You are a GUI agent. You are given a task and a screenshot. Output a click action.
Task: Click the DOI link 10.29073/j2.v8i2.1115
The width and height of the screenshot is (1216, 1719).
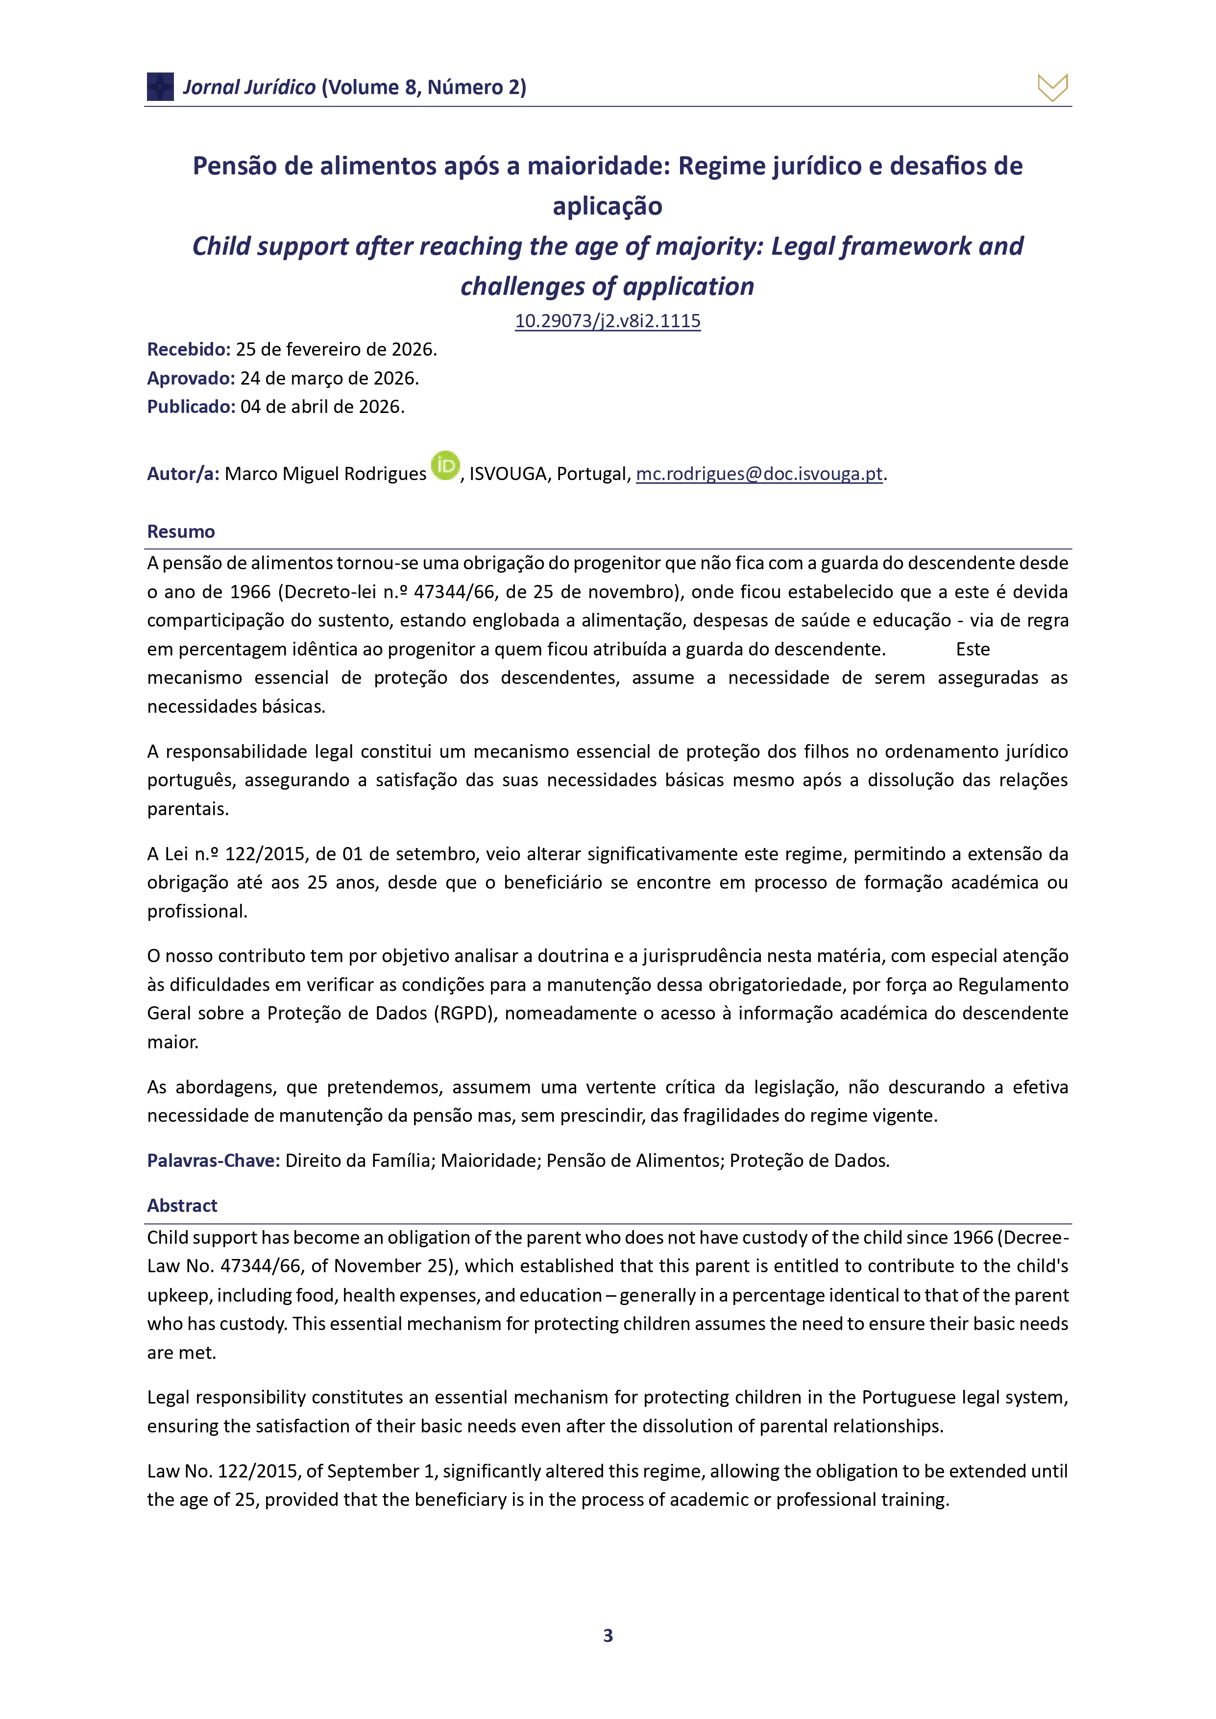(x=607, y=321)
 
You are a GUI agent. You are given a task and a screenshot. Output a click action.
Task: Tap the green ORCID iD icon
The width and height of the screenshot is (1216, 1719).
(x=445, y=466)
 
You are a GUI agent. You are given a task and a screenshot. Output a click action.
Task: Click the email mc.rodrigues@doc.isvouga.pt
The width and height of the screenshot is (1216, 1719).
(x=758, y=474)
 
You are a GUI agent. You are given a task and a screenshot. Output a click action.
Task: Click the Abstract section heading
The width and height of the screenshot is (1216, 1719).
(x=182, y=1206)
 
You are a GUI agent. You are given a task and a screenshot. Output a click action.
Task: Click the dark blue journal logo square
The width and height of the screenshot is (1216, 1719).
(x=160, y=87)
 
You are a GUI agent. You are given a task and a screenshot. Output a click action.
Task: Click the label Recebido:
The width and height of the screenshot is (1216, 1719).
(x=189, y=350)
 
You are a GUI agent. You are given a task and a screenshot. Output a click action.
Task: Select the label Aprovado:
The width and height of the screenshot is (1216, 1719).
(x=191, y=378)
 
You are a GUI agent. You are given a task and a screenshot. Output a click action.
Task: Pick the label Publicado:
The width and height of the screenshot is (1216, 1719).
(x=191, y=407)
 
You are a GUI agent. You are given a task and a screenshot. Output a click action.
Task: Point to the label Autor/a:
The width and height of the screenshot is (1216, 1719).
(x=183, y=474)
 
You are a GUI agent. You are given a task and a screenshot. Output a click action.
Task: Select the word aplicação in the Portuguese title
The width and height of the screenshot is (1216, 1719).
(x=607, y=206)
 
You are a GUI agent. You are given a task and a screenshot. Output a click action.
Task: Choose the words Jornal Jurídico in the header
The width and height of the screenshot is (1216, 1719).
(x=249, y=88)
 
